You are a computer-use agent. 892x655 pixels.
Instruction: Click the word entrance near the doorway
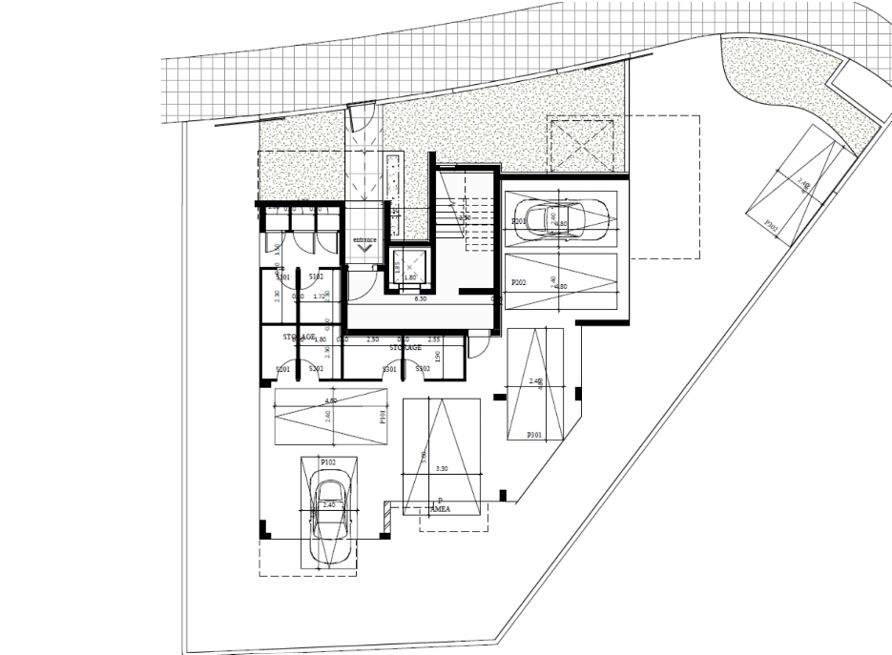coord(364,238)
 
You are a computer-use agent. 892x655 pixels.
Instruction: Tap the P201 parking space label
coord(519,222)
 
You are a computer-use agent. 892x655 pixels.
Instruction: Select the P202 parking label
coord(519,282)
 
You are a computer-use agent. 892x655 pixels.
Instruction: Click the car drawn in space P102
coord(329,511)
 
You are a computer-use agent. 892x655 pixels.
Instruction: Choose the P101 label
coord(381,416)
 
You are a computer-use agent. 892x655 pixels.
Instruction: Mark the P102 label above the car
coord(328,461)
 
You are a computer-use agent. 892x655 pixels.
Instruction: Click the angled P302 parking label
coord(772,225)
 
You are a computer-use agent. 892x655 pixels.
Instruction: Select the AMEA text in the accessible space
coord(441,509)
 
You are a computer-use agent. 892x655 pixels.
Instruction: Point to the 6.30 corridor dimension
coord(419,299)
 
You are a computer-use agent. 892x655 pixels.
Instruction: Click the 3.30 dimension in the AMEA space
coord(440,468)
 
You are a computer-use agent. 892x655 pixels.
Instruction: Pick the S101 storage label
coord(282,276)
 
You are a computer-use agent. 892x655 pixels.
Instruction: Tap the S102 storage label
coord(316,276)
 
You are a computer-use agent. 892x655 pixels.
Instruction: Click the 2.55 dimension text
coord(433,339)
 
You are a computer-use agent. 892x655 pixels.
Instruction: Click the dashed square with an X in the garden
coord(578,143)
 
